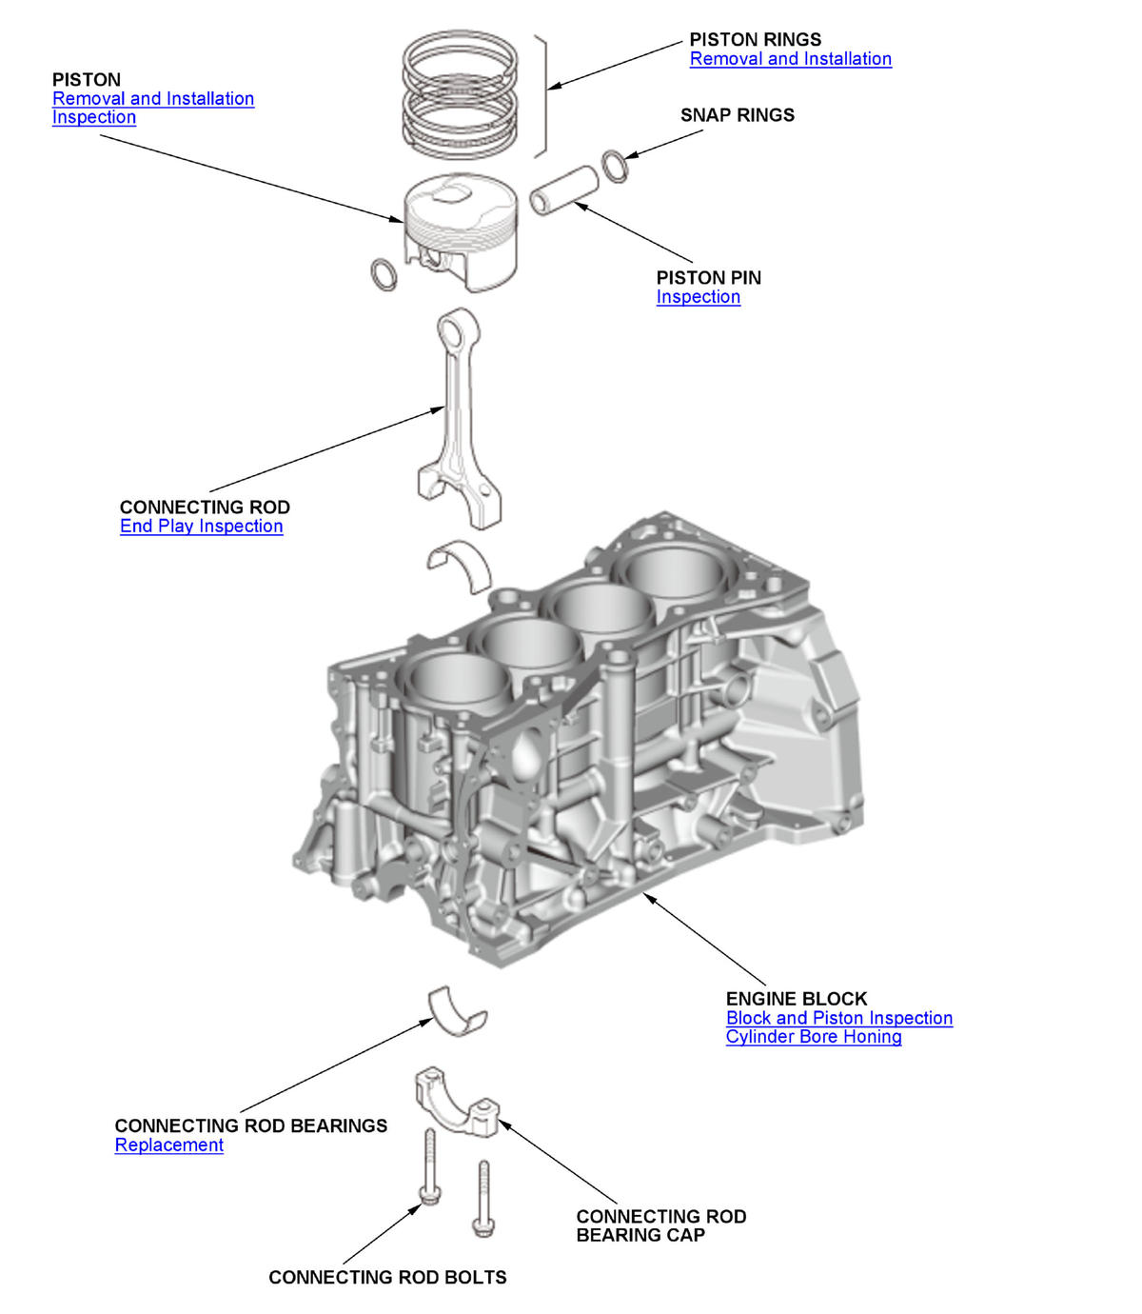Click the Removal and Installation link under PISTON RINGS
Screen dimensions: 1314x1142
(x=790, y=59)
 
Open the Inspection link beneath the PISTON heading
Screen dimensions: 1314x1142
(x=93, y=117)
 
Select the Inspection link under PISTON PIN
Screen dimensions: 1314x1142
(x=698, y=297)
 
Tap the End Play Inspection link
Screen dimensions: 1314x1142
(x=201, y=527)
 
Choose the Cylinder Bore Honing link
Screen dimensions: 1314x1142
(x=813, y=1037)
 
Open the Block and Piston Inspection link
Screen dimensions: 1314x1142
(x=838, y=1018)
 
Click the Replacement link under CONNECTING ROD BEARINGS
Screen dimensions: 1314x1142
(x=168, y=1145)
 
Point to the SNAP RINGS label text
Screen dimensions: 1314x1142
(x=737, y=115)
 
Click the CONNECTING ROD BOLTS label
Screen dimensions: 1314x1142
(x=387, y=1278)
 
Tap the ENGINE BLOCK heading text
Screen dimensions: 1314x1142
(x=796, y=999)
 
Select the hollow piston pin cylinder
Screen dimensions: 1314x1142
(x=564, y=190)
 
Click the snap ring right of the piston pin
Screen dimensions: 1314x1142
(x=615, y=167)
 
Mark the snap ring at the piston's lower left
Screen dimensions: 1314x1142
(x=384, y=274)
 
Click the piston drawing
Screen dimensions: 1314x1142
(x=461, y=233)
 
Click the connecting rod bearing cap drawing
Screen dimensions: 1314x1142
(x=456, y=1105)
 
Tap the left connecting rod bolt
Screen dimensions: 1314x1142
(x=429, y=1167)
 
